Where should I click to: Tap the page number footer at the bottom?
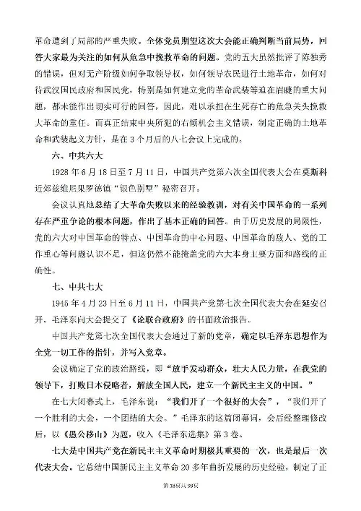click(180, 500)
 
